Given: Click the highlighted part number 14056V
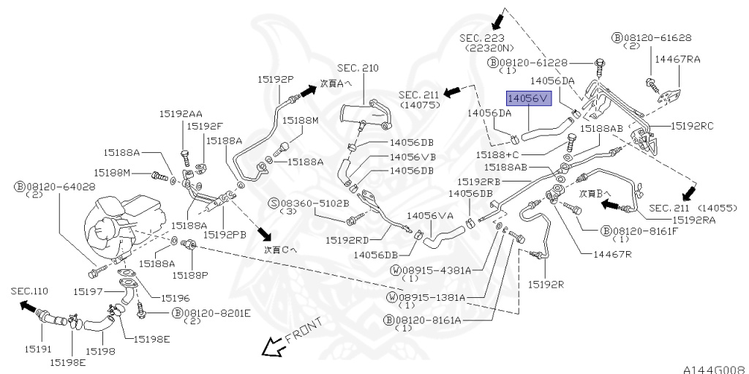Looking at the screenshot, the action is pyautogui.click(x=529, y=99).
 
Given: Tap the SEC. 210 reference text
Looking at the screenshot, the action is pyautogui.click(x=358, y=68).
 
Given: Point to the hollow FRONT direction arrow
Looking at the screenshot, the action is pyautogui.click(x=273, y=346).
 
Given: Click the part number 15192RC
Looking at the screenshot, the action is pyautogui.click(x=692, y=126).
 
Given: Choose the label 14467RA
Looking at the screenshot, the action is pyautogui.click(x=677, y=59).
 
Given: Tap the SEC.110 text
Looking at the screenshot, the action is pyautogui.click(x=29, y=291).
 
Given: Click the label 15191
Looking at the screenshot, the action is pyautogui.click(x=38, y=349).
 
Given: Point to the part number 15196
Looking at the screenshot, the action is pyautogui.click(x=176, y=298).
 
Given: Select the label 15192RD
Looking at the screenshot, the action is pyautogui.click(x=347, y=239).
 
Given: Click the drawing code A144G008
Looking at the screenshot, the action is pyautogui.click(x=714, y=370).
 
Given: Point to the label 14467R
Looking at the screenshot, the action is pyautogui.click(x=612, y=254).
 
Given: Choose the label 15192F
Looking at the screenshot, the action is pyautogui.click(x=205, y=127).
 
